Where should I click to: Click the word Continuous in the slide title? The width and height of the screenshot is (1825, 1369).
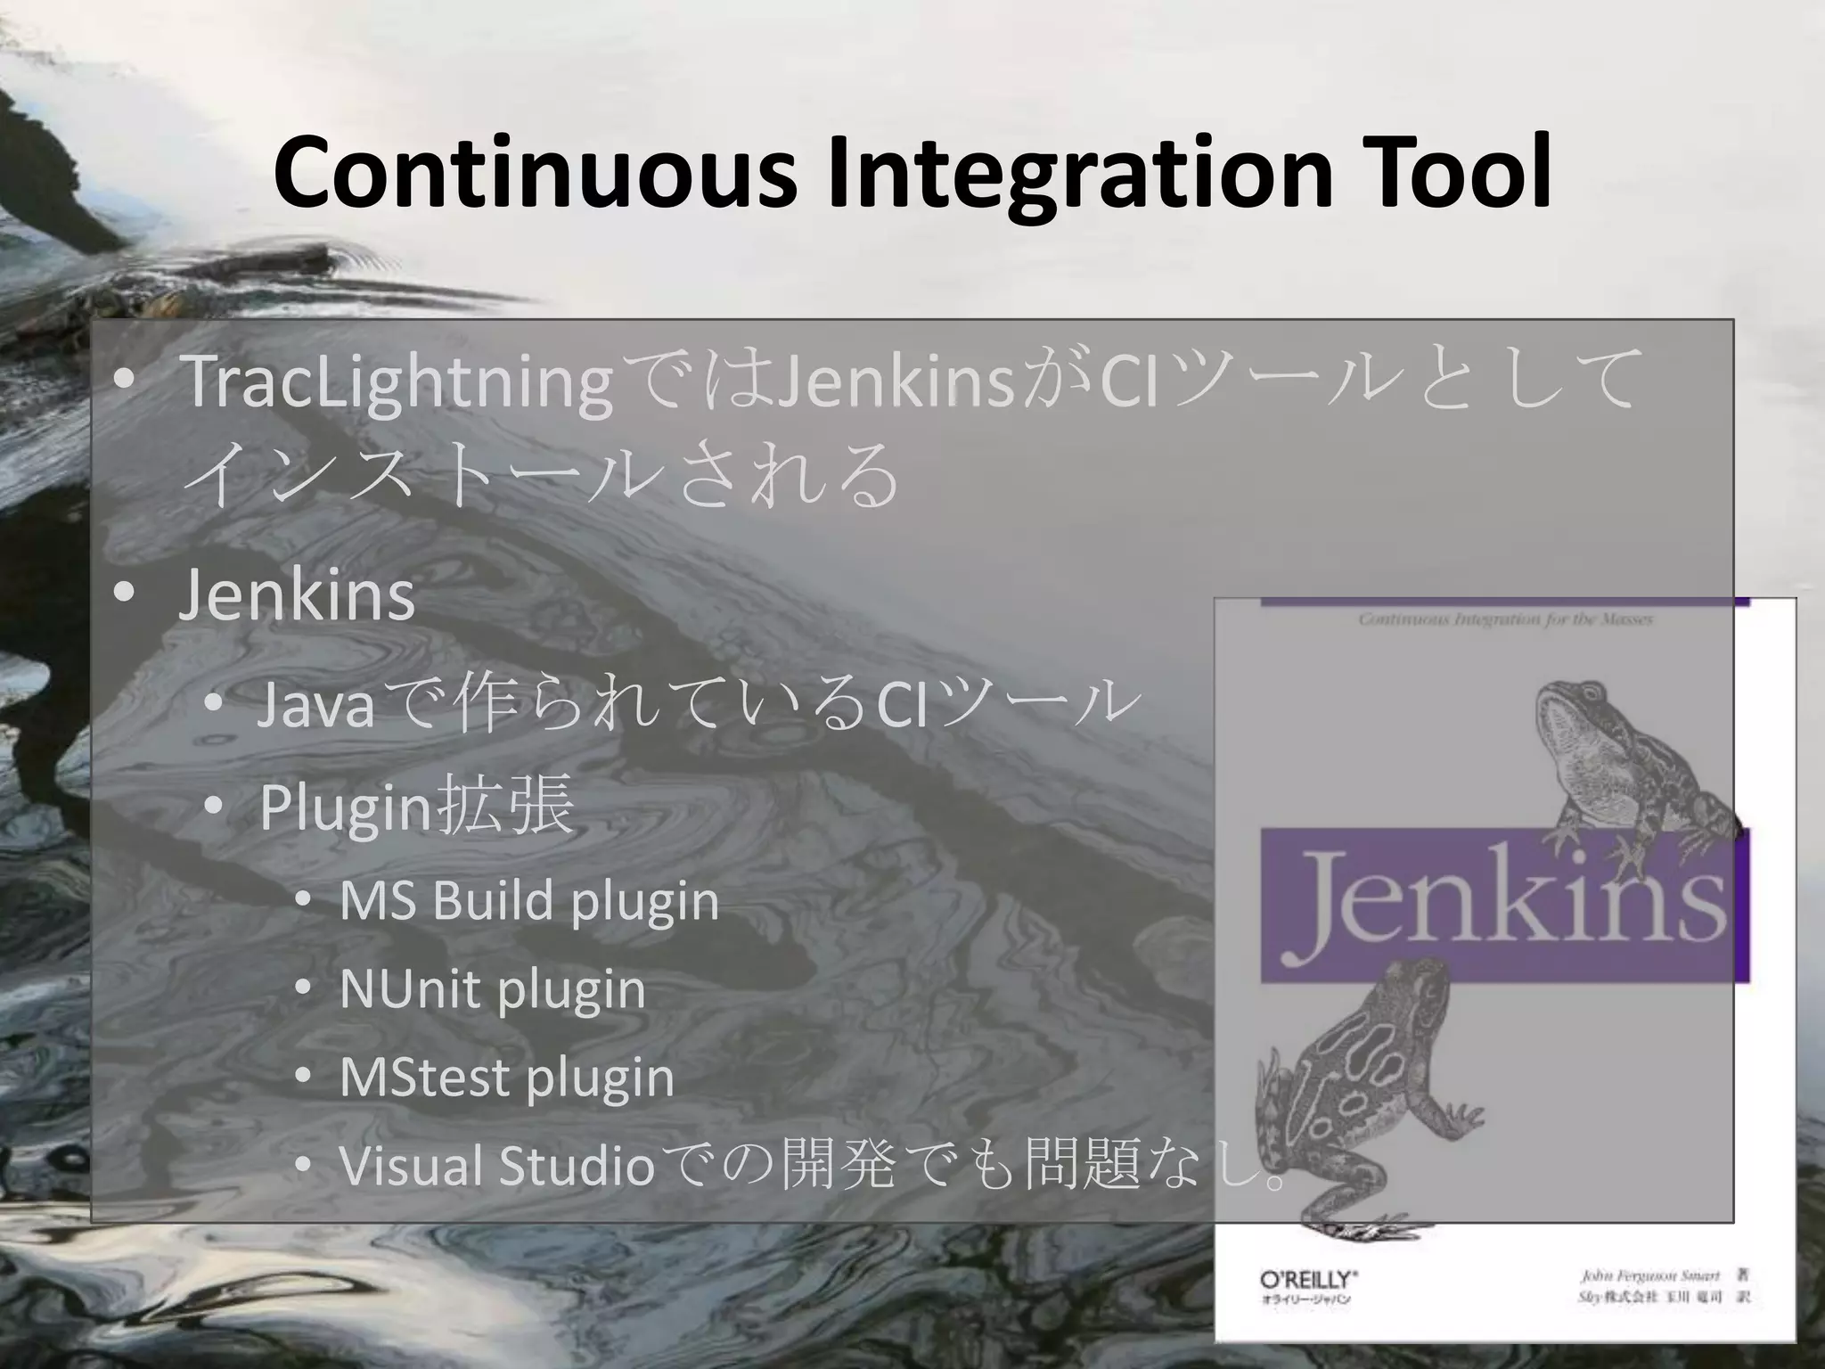535,174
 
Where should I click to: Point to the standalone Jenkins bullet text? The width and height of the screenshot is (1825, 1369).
297,595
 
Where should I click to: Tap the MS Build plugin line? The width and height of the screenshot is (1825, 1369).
529,901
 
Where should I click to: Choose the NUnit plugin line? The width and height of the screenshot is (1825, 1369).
493,989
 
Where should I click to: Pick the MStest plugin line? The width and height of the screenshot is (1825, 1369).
507,1078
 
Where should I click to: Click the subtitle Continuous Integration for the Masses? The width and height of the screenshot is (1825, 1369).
1506,619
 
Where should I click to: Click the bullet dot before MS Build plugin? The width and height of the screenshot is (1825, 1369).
303,901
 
